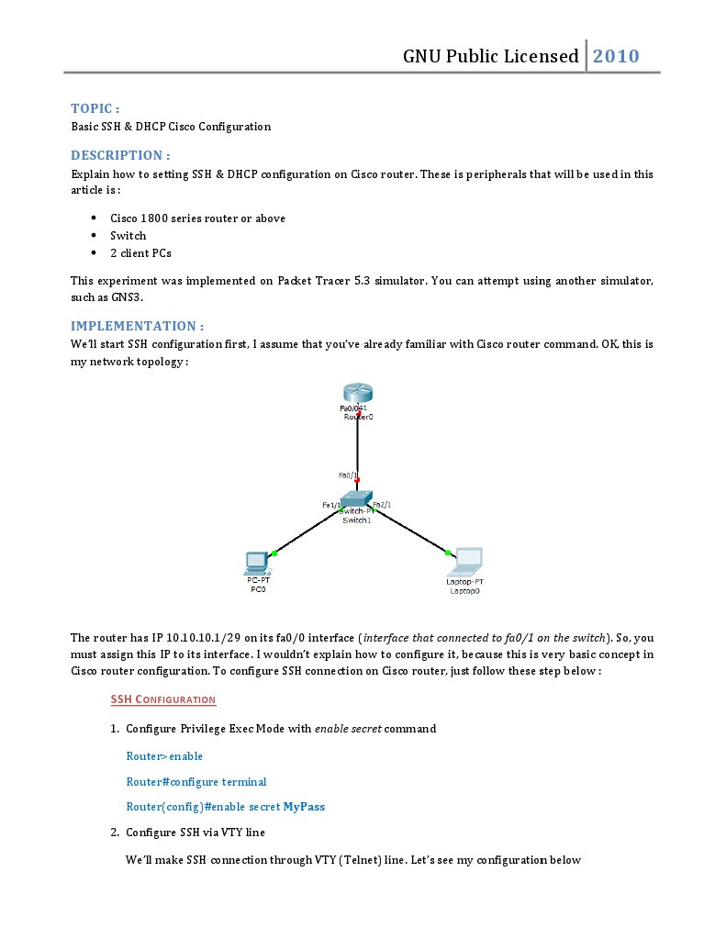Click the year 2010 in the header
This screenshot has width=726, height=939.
(616, 56)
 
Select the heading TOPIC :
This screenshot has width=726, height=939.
(95, 108)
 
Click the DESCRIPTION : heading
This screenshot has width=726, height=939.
(120, 155)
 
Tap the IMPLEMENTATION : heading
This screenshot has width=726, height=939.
(137, 326)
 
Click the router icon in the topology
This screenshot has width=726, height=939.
(357, 393)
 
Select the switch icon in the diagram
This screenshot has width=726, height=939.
(355, 500)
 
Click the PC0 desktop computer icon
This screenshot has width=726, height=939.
(255, 563)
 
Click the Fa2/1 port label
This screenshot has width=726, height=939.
(383, 505)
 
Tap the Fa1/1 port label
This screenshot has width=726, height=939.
(331, 505)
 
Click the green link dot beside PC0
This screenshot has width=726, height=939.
(274, 553)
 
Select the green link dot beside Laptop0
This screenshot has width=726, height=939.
(448, 553)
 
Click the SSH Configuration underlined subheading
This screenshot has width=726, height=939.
(163, 699)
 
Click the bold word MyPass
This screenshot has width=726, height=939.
(304, 807)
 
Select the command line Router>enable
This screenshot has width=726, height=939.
(164, 756)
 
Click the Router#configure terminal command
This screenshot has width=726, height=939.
(196, 782)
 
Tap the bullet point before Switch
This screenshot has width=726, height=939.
(95, 236)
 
